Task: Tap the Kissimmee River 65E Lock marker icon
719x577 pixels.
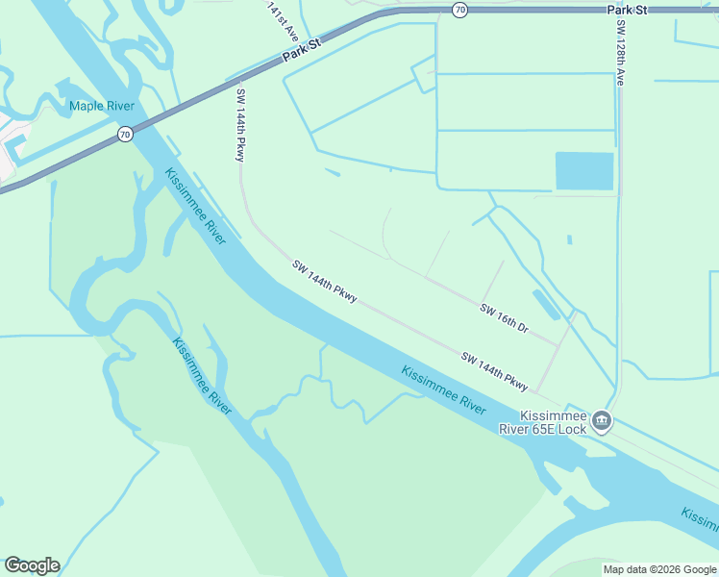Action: click(x=602, y=420)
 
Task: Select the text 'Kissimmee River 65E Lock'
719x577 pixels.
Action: click(x=553, y=421)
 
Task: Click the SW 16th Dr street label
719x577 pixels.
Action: click(x=505, y=317)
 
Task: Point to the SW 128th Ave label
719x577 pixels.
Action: click(x=619, y=54)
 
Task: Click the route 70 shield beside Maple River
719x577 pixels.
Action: click(x=125, y=135)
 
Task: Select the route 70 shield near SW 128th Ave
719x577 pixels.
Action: click(x=459, y=10)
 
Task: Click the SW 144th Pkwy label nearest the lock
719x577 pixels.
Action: click(x=494, y=371)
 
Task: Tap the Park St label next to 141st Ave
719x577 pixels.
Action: click(x=301, y=53)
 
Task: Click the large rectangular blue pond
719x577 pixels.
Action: click(x=584, y=171)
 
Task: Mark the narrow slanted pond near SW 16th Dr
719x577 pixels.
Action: click(x=545, y=305)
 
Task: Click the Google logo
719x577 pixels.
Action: click(x=32, y=565)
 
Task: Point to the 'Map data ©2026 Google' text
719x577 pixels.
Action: click(x=659, y=569)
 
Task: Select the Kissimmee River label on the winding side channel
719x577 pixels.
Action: click(x=202, y=376)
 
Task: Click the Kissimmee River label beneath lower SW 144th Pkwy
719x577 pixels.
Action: click(x=443, y=389)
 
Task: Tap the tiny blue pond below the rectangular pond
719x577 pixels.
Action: click(x=570, y=239)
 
